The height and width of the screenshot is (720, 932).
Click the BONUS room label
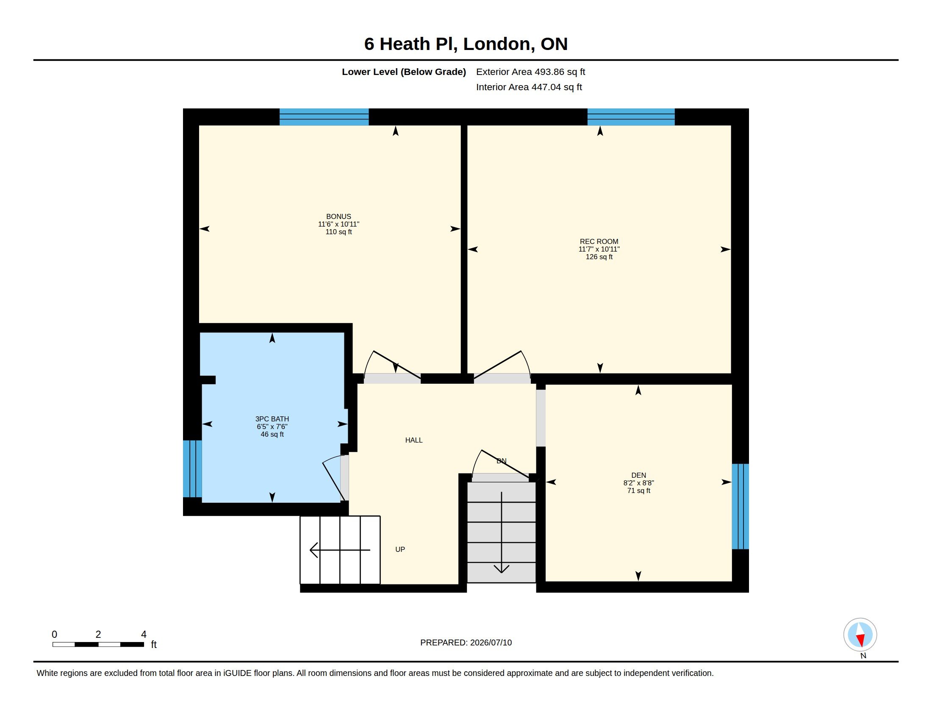click(338, 217)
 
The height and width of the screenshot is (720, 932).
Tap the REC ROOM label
click(599, 241)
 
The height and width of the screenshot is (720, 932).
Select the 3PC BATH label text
click(272, 419)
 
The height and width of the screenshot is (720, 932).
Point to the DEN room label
click(638, 475)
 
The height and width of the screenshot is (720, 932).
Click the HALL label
click(413, 440)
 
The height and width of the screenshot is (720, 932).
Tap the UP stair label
click(400, 549)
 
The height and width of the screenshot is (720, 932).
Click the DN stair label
click(502, 461)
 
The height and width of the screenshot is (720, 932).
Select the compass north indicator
click(860, 635)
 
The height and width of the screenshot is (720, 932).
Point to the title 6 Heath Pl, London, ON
click(466, 44)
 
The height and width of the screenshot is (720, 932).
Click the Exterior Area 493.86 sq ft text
click(530, 72)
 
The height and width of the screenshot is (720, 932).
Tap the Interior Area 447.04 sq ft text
click(529, 87)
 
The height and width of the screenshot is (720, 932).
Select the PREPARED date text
click(466, 642)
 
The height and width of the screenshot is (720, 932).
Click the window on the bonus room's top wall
click(324, 117)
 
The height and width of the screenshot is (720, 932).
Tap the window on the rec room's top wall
click(631, 117)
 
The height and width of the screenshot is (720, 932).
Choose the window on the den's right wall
click(741, 506)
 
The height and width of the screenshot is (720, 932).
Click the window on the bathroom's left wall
click(192, 469)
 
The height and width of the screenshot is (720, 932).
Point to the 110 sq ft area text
click(338, 232)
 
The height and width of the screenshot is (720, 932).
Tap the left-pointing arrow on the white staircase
click(340, 550)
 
